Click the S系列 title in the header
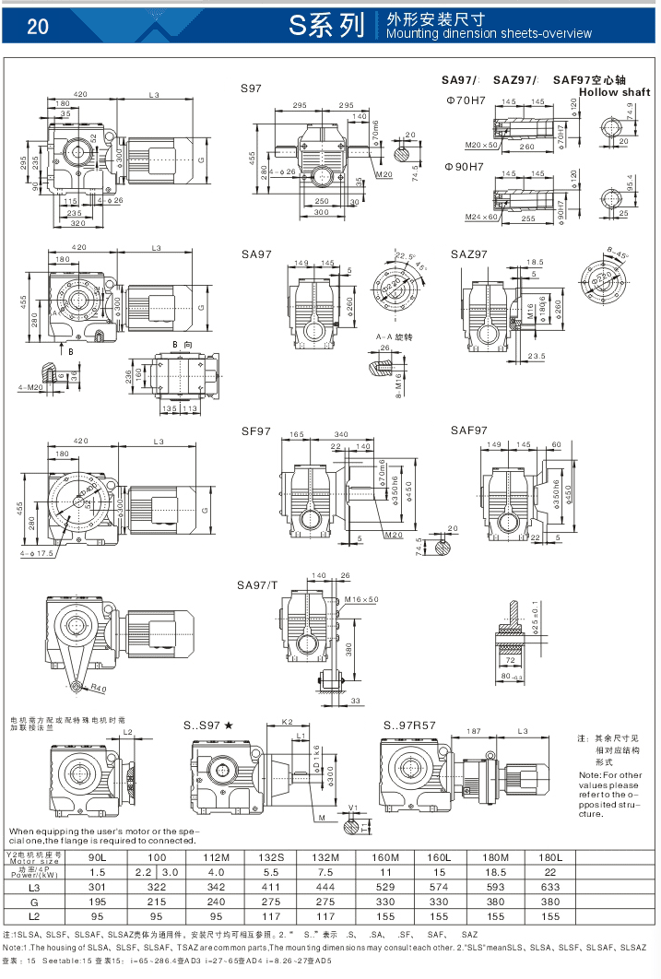pyautogui.click(x=326, y=26)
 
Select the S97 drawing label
pyautogui.click(x=251, y=88)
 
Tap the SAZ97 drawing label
pyautogui.click(x=468, y=254)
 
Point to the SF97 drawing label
pyautogui.click(x=255, y=431)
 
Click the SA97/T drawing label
pyautogui.click(x=257, y=584)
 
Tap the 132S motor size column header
pyautogui.click(x=270, y=857)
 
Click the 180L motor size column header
pyautogui.click(x=550, y=857)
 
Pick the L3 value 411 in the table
pyautogui.click(x=270, y=887)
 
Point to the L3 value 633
pyautogui.click(x=550, y=887)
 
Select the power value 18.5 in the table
pyautogui.click(x=495, y=872)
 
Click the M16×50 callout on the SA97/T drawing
pyautogui.click(x=362, y=599)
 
